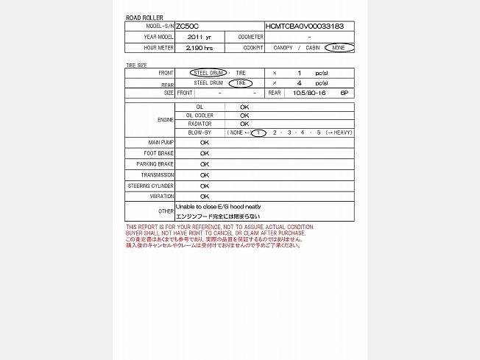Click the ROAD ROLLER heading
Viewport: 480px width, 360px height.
tap(144, 17)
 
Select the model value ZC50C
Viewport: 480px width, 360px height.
tap(188, 26)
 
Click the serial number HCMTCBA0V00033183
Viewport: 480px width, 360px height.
tap(304, 26)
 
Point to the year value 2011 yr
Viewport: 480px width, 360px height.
tap(200, 37)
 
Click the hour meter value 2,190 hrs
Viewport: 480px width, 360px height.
tap(200, 48)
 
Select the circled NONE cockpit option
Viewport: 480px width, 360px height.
tap(339, 48)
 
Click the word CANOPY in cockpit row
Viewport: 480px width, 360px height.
tap(282, 48)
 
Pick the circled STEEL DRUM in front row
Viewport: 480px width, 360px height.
tap(209, 73)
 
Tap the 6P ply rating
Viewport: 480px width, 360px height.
tap(344, 93)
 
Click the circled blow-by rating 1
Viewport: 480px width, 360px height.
tap(258, 133)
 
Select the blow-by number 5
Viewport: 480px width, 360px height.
tap(319, 133)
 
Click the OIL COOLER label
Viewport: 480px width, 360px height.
tap(200, 116)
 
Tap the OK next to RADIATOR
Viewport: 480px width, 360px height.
tap(244, 124)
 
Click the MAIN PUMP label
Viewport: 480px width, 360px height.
tap(161, 142)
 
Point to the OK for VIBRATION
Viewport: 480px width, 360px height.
tap(205, 197)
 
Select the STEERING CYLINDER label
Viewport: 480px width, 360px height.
tap(151, 186)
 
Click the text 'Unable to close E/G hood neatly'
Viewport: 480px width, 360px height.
tap(218, 207)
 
